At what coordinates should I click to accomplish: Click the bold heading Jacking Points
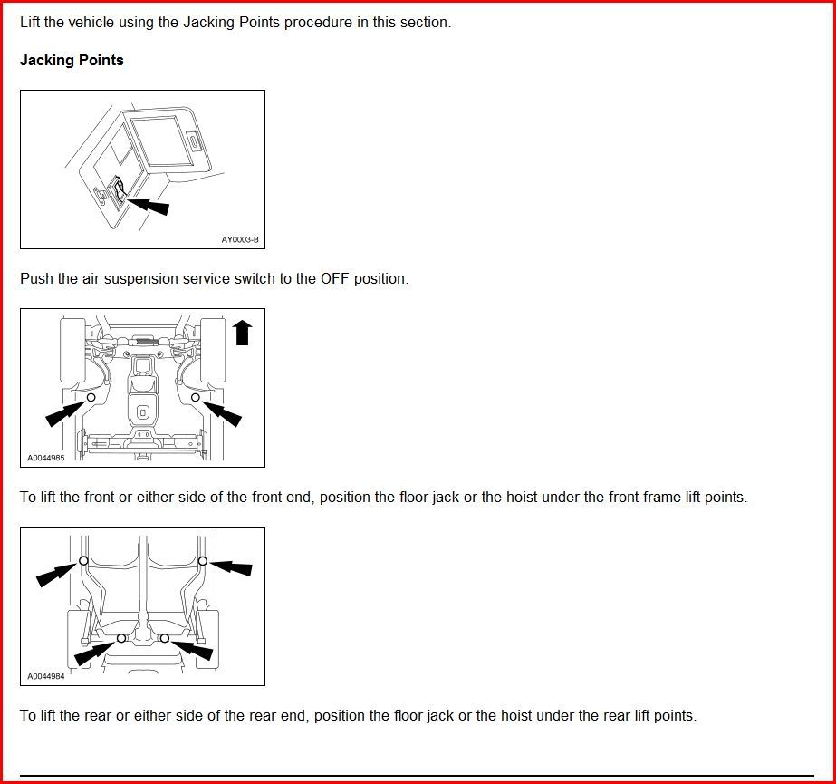pos(72,61)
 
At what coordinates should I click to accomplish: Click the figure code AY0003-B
pos(240,240)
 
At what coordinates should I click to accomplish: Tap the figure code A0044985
pos(45,458)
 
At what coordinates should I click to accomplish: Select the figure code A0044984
pos(45,676)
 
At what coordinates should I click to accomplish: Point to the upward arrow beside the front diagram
pos(242,332)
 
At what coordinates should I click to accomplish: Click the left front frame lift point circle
pos(91,397)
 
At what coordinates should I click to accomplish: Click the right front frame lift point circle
pos(195,397)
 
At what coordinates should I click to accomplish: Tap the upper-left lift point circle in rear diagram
pos(83,561)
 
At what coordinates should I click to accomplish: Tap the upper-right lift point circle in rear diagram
pos(203,561)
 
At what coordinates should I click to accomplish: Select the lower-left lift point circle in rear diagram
pos(121,638)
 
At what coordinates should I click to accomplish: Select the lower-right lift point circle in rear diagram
pos(164,638)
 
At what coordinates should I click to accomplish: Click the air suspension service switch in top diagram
pos(119,189)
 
